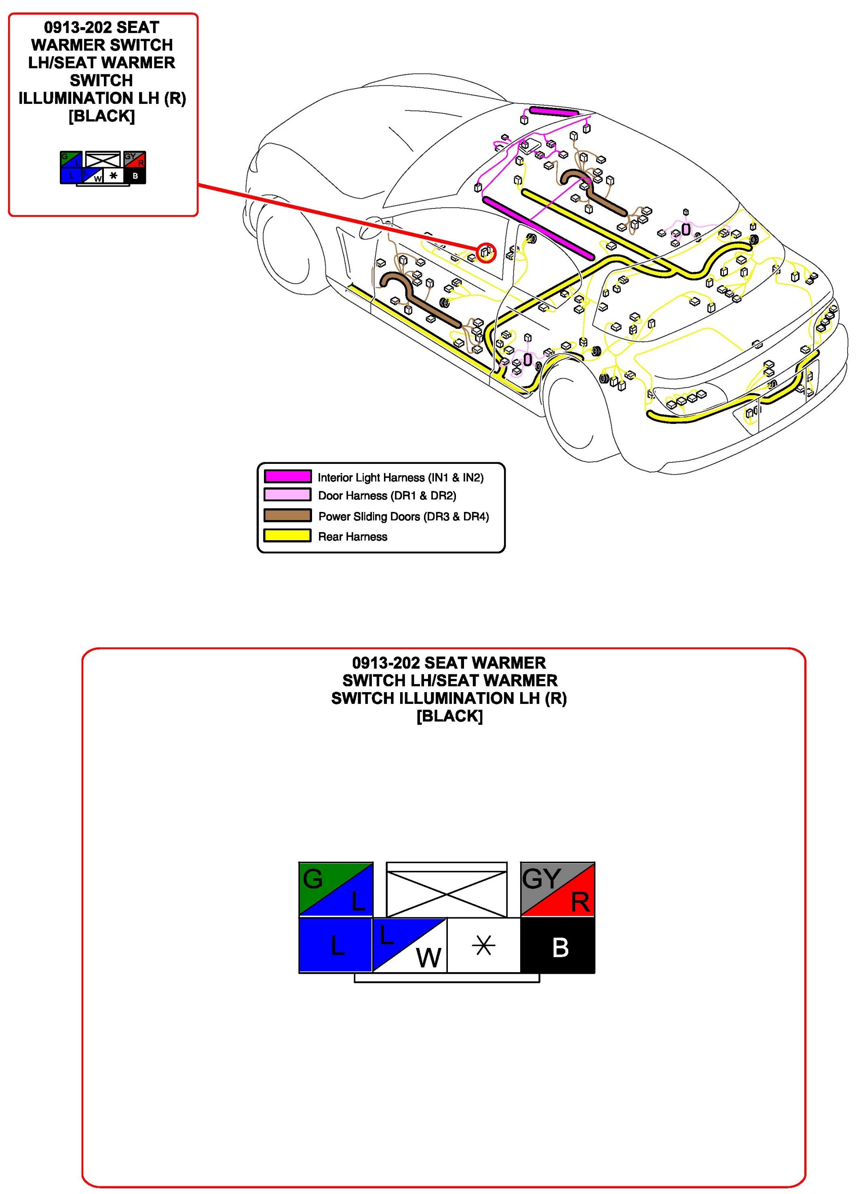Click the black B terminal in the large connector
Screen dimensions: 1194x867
[x=557, y=946]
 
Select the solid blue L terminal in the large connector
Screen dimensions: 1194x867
[x=335, y=946]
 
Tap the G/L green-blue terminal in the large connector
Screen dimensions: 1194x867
[x=335, y=889]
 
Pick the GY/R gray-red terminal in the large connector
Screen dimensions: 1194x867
[x=557, y=889]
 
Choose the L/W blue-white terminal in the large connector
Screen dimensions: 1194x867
[x=409, y=946]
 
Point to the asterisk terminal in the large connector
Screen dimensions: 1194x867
[x=483, y=946]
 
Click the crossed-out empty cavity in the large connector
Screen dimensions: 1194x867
[x=446, y=889]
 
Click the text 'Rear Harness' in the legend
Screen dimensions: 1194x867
[x=352, y=537]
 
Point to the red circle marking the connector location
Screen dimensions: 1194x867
[x=486, y=252]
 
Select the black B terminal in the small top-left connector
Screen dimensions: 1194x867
[x=135, y=176]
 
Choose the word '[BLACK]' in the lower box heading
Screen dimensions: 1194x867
[x=449, y=716]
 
